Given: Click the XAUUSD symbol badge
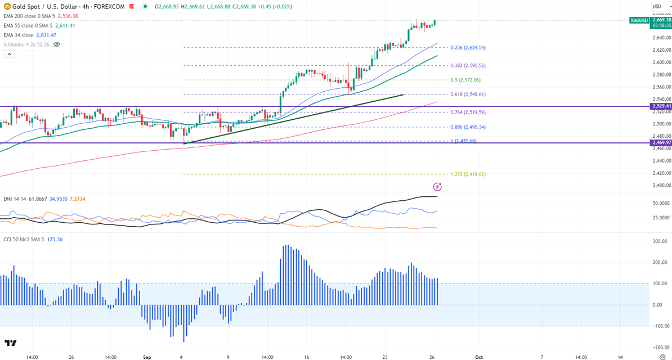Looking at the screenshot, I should coord(639,20).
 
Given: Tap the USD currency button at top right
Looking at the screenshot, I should coord(657,6).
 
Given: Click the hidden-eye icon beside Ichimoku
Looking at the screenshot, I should coord(56,44).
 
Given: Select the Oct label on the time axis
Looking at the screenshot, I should coord(478,357).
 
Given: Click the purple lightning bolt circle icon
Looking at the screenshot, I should coord(437,186).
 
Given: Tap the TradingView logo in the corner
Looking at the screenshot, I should coord(10,343).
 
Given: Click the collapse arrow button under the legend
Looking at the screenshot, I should coord(9,54).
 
